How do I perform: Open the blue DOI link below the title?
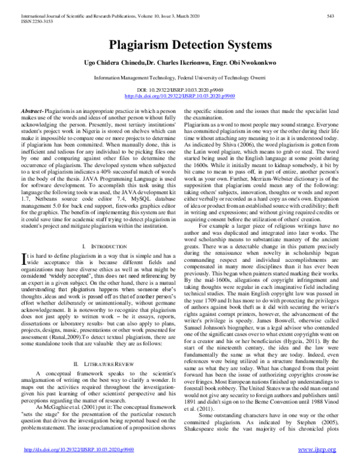(x=179, y=95)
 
